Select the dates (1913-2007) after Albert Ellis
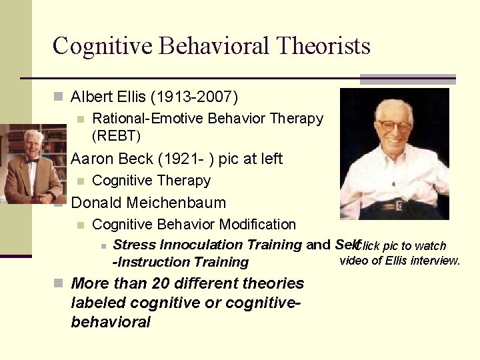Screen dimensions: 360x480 194,97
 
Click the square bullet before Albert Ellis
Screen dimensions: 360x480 59,97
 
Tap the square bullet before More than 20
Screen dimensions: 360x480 59,283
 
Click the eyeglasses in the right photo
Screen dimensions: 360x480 393,126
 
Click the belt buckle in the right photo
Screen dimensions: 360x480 401,204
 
